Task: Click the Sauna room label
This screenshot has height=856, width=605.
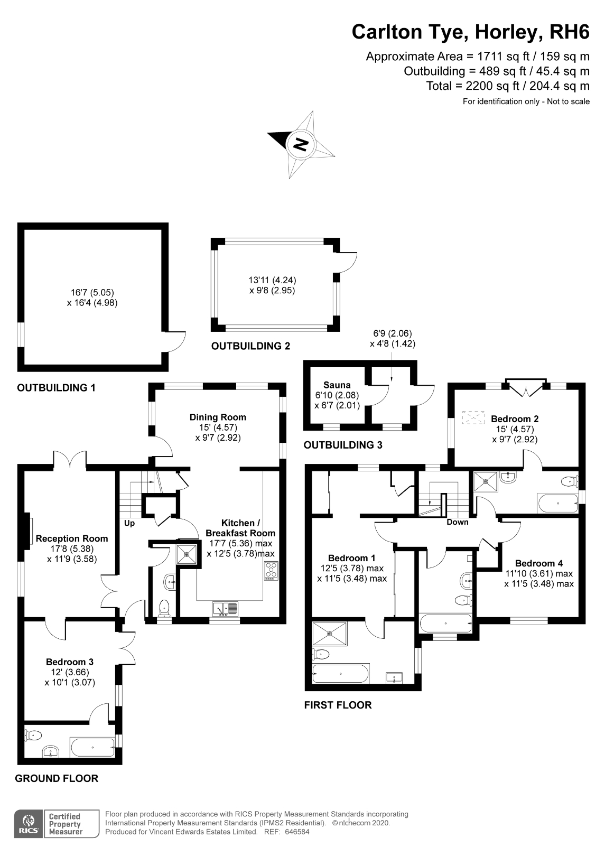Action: tap(337, 385)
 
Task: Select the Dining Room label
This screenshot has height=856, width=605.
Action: tap(218, 417)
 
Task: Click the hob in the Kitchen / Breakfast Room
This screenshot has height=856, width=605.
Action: tap(271, 571)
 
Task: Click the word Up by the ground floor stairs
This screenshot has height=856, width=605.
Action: tap(129, 523)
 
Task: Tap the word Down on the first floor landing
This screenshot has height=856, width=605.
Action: tap(457, 522)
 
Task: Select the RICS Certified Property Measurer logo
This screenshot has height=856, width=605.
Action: tap(57, 824)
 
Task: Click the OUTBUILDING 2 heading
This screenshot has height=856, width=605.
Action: tap(250, 346)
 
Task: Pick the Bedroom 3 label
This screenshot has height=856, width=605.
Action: tap(70, 662)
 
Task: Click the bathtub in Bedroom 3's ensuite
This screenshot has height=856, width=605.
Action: tap(93, 748)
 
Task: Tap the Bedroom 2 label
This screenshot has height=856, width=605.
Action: tap(515, 419)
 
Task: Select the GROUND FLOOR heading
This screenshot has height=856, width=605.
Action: tap(57, 778)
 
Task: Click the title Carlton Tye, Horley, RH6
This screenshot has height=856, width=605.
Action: tap(470, 32)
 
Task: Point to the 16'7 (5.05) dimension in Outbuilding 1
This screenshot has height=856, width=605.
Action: tap(92, 292)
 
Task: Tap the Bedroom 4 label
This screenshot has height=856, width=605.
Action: tap(535, 563)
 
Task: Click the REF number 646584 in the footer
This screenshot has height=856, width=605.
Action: tap(297, 832)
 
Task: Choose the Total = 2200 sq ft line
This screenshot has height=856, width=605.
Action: tap(507, 86)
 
